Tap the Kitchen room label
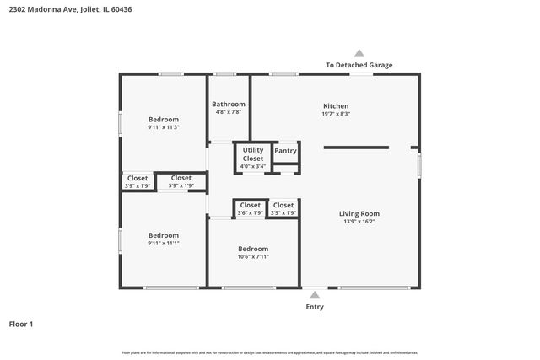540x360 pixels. coord(335,106)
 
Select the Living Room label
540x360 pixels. coord(359,213)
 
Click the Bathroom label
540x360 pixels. coord(229,104)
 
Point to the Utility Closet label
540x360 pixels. coord(253,153)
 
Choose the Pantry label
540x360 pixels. coord(286,151)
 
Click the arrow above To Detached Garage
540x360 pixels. coord(359,52)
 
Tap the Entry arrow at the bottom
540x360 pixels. coord(314,295)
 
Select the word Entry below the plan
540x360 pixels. coord(314,307)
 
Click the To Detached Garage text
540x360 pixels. coord(359,65)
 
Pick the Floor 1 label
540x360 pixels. coord(21,324)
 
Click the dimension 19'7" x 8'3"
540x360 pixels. coord(335,114)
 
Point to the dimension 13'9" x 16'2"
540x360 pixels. coord(359,222)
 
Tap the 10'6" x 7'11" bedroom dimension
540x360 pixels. coord(253,257)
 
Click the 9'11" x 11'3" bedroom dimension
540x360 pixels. coord(164,127)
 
